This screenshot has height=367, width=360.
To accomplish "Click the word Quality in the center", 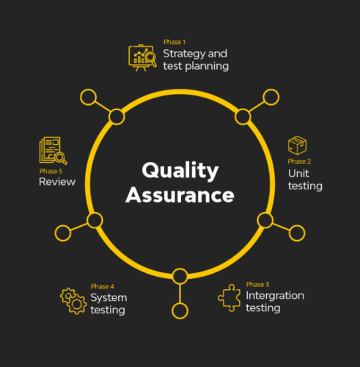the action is [180, 171].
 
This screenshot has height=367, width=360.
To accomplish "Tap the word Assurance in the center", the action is [180, 195].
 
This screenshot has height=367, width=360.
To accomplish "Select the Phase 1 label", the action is [175, 42].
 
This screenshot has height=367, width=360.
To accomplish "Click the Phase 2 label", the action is [299, 161].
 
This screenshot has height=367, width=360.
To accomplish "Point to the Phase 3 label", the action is [257, 285].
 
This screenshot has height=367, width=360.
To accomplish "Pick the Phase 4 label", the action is [103, 286].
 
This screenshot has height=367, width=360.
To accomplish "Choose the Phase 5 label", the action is [51, 171].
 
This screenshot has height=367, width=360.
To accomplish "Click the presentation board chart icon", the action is [142, 58].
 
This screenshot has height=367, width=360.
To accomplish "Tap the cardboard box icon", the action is [297, 145].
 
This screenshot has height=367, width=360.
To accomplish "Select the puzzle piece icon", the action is [229, 298].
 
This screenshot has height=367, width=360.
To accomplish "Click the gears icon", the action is [73, 301].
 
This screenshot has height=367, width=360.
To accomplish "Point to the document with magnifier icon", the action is [53, 150].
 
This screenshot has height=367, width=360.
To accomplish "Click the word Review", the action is [57, 182].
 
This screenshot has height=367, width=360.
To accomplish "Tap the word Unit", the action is [298, 173].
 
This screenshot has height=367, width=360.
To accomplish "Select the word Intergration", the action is [275, 296].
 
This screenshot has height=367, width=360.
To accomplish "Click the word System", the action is [109, 298].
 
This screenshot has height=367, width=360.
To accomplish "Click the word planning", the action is [207, 67].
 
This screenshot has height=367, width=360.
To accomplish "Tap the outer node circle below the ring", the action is [180, 311].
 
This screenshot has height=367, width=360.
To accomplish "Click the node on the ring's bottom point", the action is [180, 276].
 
